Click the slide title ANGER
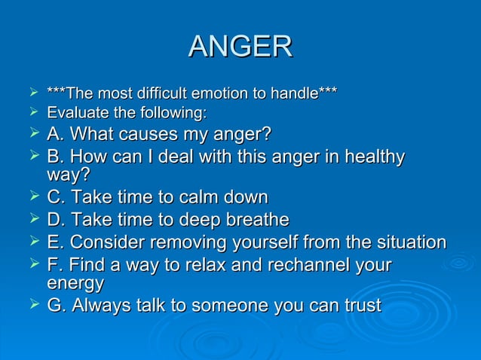[x=240, y=47]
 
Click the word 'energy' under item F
[x=75, y=284]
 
